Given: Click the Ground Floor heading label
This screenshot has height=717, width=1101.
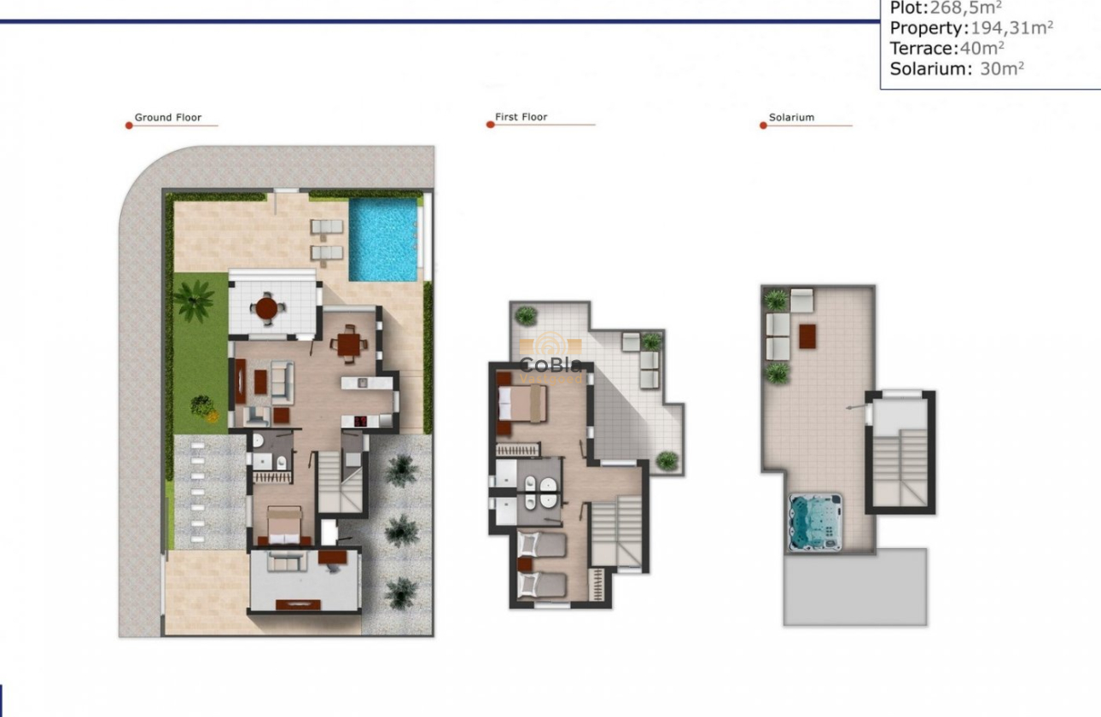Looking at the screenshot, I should [168, 118].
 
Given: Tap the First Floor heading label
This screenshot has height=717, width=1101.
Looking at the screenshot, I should [521, 117].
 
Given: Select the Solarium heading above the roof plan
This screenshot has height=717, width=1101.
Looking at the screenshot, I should [791, 118].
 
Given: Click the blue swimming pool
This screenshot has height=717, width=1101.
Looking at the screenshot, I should [383, 240].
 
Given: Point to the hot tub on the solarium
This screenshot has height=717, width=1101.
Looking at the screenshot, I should [815, 522].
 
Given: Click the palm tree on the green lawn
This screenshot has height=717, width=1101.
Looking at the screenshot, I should [194, 300].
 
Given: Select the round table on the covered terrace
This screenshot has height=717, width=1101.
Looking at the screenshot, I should [267, 307].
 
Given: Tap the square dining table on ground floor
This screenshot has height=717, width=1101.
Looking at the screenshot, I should [349, 344].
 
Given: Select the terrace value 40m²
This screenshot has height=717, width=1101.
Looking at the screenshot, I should [982, 49].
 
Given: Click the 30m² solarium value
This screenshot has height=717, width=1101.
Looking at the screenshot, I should [1002, 69].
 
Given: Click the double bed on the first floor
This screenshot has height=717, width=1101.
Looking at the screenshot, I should [523, 403].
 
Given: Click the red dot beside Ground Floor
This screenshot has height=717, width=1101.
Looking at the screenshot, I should [129, 125].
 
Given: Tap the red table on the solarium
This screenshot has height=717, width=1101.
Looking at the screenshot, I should [807, 334].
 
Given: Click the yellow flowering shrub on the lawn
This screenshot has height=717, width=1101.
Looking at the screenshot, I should [203, 407].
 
